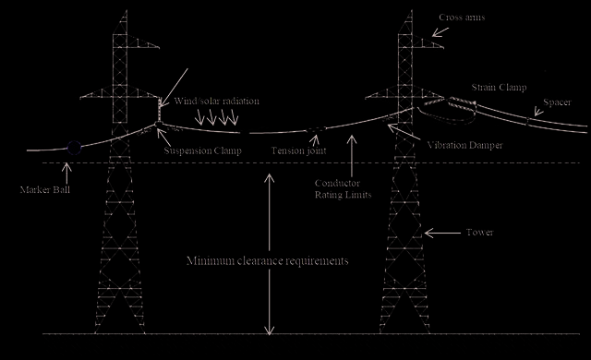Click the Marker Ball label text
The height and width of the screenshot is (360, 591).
(x=45, y=190)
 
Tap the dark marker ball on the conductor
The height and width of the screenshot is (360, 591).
(x=74, y=148)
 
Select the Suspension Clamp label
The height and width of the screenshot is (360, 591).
(x=203, y=151)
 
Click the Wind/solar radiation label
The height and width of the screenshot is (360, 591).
(x=216, y=101)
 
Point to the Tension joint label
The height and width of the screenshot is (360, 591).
(x=298, y=150)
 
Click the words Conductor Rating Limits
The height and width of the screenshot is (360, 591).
(x=343, y=189)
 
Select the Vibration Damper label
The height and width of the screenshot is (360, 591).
(x=464, y=145)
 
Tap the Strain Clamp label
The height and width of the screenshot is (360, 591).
(x=499, y=88)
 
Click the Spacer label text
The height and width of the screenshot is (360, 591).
(x=557, y=102)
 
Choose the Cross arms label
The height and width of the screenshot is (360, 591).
(x=462, y=18)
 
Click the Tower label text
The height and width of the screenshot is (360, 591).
(x=479, y=233)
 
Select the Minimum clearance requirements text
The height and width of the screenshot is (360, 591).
(x=268, y=260)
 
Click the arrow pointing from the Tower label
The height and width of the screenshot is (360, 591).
(x=442, y=234)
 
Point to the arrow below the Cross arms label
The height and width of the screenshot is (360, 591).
(x=440, y=32)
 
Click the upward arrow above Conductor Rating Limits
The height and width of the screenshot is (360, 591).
(x=352, y=156)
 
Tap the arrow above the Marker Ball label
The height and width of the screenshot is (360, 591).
(x=66, y=173)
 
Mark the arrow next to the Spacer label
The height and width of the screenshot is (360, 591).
(x=538, y=112)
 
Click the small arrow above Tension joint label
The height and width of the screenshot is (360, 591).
(x=316, y=140)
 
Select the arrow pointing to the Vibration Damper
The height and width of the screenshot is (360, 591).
(x=404, y=132)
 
